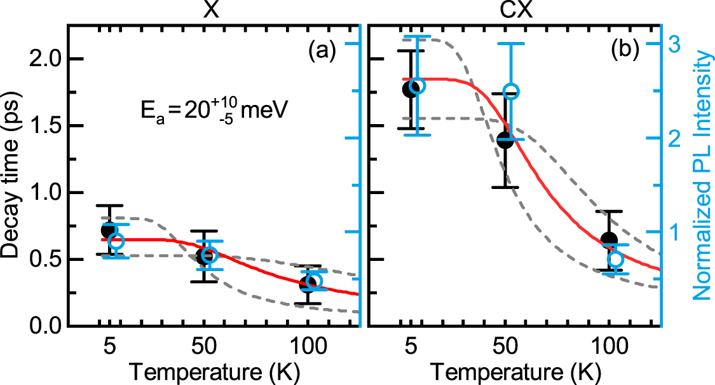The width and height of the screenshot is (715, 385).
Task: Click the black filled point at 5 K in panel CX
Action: [x=411, y=88]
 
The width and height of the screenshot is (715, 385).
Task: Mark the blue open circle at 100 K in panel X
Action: [x=314, y=281]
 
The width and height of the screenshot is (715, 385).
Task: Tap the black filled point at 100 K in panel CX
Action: [x=609, y=240]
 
